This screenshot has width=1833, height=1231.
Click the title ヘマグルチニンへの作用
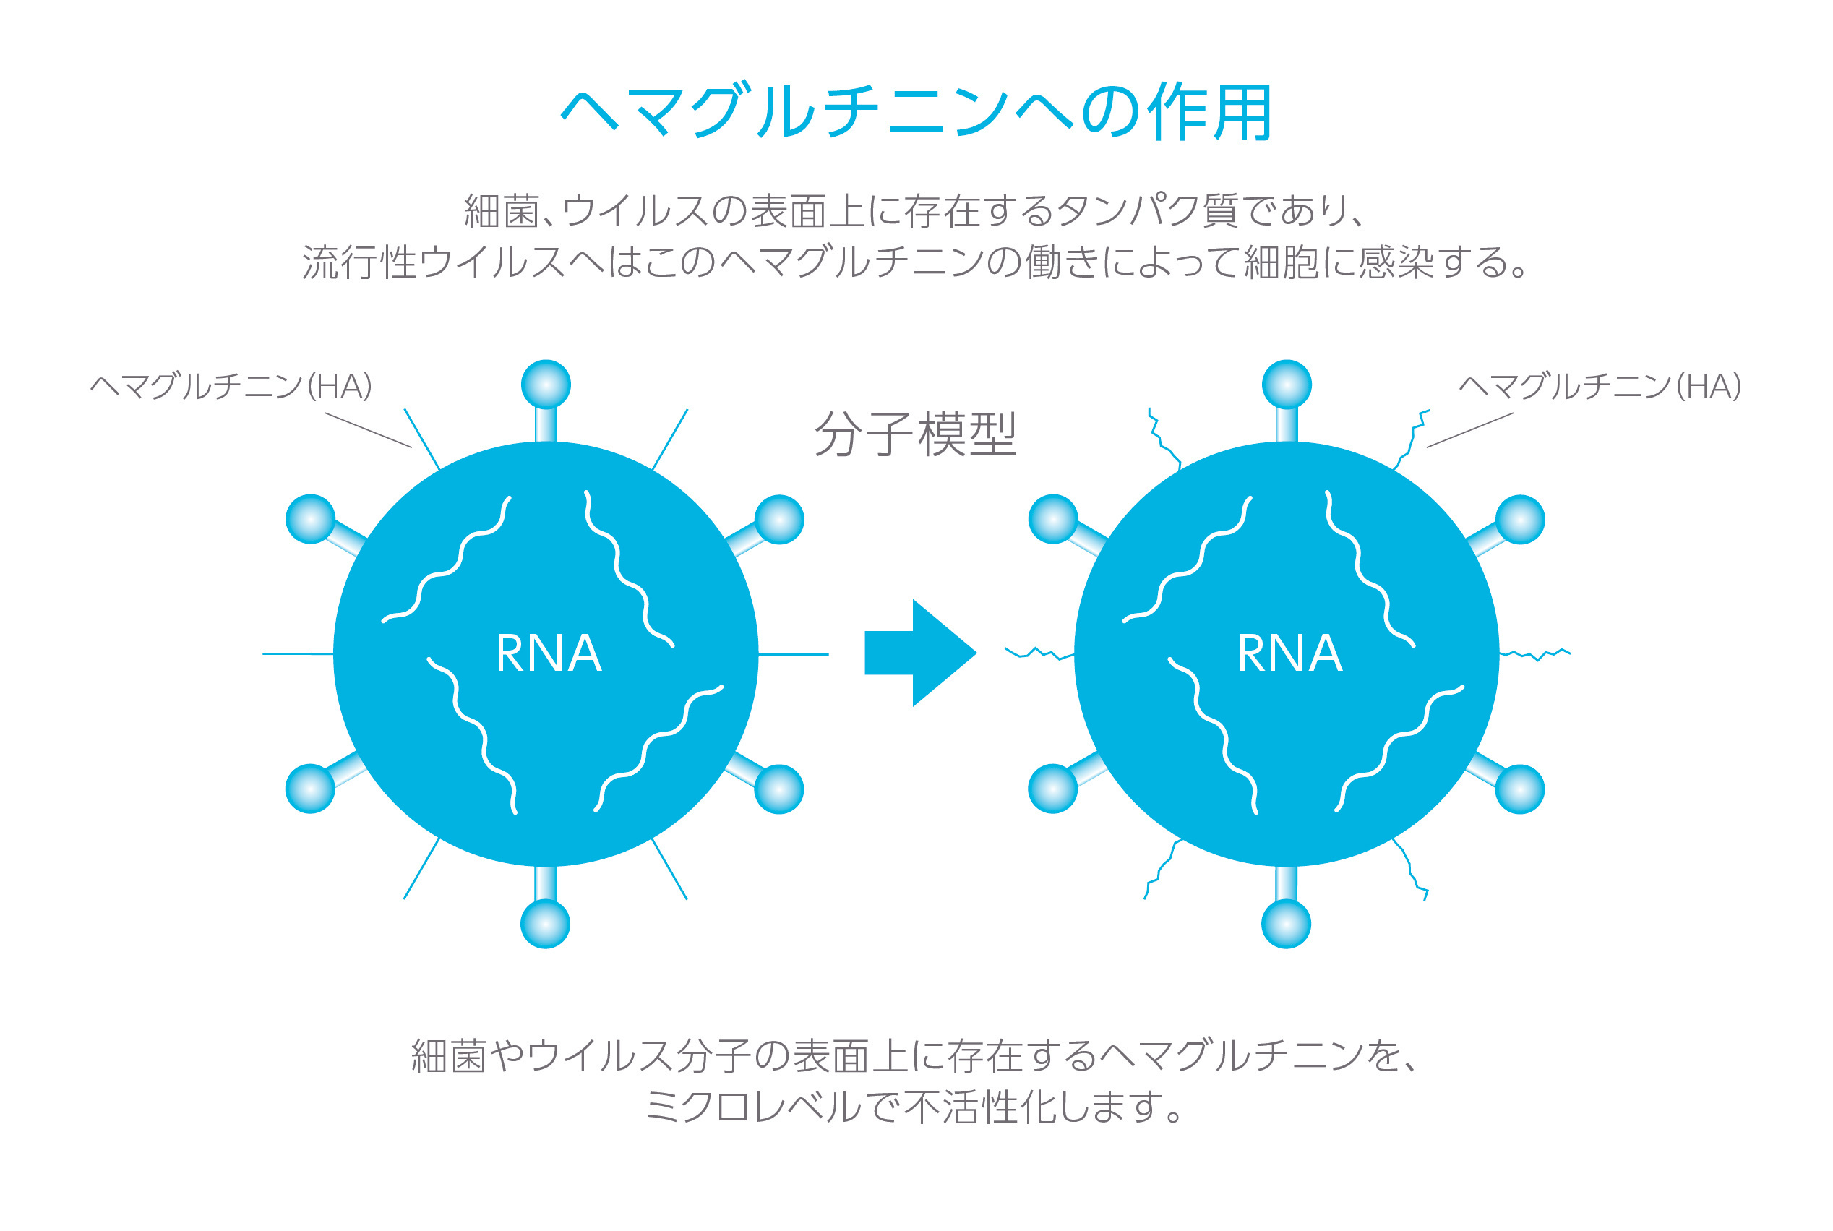tap(916, 111)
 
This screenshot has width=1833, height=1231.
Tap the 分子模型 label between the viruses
tap(915, 434)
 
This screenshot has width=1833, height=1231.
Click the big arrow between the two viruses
tap(920, 653)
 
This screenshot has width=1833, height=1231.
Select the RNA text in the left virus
tap(549, 653)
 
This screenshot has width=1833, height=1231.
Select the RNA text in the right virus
tap(1289, 653)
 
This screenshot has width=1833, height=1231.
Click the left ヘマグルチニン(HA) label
tap(231, 386)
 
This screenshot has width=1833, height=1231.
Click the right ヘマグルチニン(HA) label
tap(1600, 386)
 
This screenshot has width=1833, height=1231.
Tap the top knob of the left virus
tap(546, 385)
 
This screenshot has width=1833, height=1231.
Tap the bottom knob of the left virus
tap(546, 923)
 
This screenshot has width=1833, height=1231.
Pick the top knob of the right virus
tap(1287, 385)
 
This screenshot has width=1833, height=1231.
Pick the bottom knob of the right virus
tap(1286, 923)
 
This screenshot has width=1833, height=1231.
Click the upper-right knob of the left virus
tap(778, 520)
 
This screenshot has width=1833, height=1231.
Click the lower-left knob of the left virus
tap(310, 788)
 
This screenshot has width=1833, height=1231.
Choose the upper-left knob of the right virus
tap(1052, 519)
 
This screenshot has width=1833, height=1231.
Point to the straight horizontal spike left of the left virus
tap(299, 653)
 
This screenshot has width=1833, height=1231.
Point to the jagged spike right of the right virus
tap(1534, 653)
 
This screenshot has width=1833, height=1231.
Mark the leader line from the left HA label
tap(368, 430)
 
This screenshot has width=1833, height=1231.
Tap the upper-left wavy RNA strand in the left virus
tap(447, 559)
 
